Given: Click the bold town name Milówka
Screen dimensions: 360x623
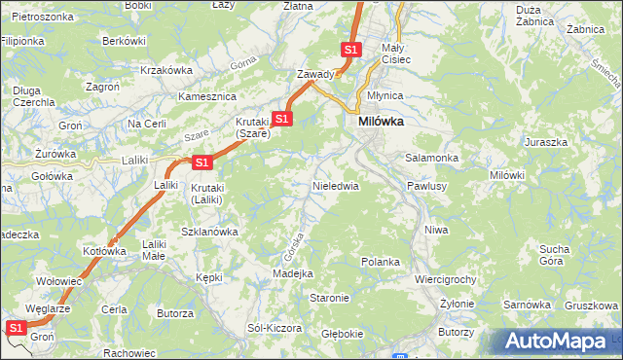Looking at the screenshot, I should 381,122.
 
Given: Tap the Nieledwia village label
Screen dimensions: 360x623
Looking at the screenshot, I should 336,185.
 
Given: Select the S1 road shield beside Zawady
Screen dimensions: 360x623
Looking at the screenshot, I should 351,50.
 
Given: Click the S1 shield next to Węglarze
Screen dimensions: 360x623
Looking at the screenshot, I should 17,329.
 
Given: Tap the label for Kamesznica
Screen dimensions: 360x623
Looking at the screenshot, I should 208,97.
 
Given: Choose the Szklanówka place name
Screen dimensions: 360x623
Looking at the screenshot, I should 210,232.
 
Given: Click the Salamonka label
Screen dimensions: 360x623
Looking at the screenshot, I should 431,158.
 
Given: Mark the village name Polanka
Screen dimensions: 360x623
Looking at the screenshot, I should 381,262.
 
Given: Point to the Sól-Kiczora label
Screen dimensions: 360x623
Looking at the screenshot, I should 275,328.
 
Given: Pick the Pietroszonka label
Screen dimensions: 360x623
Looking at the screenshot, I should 42,18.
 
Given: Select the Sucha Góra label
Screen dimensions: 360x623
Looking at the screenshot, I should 554,255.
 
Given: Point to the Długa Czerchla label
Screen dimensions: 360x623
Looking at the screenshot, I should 26,96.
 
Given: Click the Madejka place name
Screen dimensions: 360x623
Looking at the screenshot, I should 292,274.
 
